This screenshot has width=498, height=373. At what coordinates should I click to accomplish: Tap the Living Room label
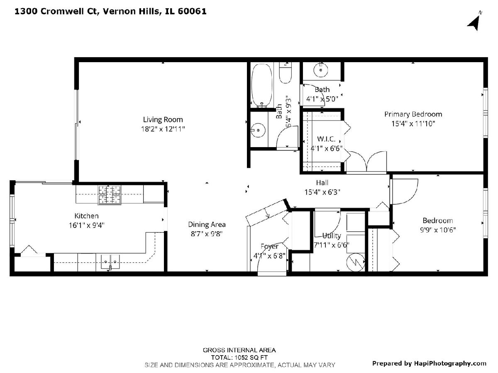[163, 120]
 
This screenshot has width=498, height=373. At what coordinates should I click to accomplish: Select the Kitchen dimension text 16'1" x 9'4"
[86, 225]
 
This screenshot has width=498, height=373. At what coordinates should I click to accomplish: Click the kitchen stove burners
[110, 195]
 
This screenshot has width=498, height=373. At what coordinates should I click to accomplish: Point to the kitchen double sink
[110, 262]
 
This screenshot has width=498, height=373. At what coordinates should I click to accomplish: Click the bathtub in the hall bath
[262, 86]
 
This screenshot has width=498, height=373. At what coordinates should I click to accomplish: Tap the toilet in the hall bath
[285, 73]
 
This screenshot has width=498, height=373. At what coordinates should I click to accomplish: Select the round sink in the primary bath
[320, 70]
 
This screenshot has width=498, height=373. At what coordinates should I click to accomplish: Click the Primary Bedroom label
[413, 114]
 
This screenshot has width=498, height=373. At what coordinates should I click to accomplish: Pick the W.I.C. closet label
[326, 139]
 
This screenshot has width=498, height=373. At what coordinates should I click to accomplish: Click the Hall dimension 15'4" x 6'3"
[322, 192]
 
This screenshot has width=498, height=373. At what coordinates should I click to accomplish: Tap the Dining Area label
[207, 225]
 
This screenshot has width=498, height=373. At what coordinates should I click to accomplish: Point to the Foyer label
[269, 247]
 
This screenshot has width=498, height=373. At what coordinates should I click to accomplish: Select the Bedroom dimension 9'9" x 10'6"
[438, 230]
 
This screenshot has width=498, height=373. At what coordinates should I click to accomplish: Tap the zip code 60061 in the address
[192, 11]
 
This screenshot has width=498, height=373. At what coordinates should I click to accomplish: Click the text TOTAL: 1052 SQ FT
[239, 358]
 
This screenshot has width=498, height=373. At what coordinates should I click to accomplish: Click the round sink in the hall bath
[258, 130]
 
